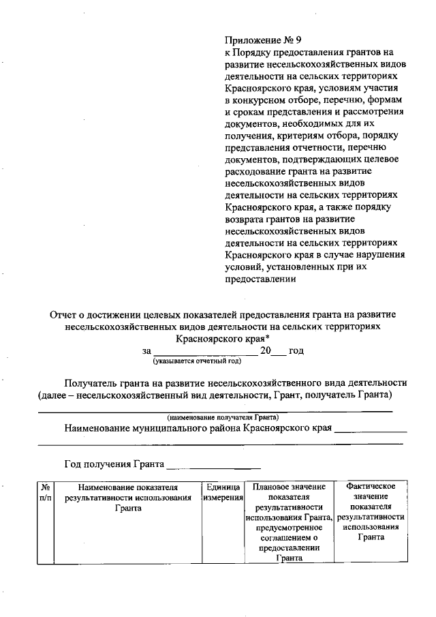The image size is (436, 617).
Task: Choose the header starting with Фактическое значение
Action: click(x=371, y=511)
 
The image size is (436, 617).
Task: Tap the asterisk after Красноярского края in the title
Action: click(x=267, y=337)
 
